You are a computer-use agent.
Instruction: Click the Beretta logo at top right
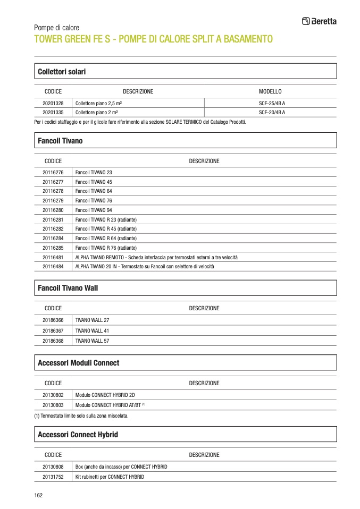pos(319,21)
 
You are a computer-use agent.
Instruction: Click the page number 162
pos(38,495)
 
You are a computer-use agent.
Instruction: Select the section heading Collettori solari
pos(62,71)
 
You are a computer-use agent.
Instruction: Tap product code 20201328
pos(53,103)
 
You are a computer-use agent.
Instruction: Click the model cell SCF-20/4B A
pos(272,113)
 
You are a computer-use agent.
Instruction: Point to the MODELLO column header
pos(270,91)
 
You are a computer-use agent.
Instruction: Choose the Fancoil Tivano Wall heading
pos(68,288)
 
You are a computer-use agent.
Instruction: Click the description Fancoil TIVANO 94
pos(94,210)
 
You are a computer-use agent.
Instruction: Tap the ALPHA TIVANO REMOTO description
pos(156,257)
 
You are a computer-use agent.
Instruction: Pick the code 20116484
pos(53,267)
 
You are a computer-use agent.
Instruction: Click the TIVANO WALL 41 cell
pos(92,330)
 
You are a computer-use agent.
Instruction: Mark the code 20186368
pos(53,341)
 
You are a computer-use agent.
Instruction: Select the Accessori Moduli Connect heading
pos(79,363)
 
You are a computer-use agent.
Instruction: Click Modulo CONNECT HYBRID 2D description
pos(105,395)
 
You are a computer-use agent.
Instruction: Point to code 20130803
pos(53,405)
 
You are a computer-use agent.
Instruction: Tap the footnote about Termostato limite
pos(81,416)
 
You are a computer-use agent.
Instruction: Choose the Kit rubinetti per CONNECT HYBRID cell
pos(110,477)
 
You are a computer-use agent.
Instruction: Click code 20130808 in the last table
pos(53,467)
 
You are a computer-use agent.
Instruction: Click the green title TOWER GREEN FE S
pos(153,39)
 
